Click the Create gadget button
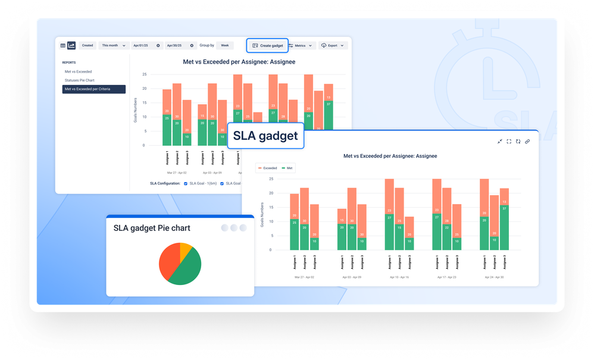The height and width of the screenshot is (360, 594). point(267,45)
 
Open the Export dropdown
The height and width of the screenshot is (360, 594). point(333,45)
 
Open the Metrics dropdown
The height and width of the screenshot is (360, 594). point(300,45)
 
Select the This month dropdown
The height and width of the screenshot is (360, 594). point(112,45)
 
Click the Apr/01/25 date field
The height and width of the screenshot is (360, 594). point(143,45)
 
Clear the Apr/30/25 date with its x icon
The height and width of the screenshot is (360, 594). point(192,45)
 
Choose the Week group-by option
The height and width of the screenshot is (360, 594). point(224,45)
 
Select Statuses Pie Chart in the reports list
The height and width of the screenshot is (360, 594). point(80,80)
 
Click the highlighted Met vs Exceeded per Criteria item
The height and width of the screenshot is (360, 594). point(93,89)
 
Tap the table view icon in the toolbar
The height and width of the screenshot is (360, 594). point(63,45)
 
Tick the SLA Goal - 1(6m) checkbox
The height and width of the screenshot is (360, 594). point(186,183)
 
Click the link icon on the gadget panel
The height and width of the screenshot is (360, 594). point(527,141)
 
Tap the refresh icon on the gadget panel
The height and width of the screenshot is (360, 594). point(518,141)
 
